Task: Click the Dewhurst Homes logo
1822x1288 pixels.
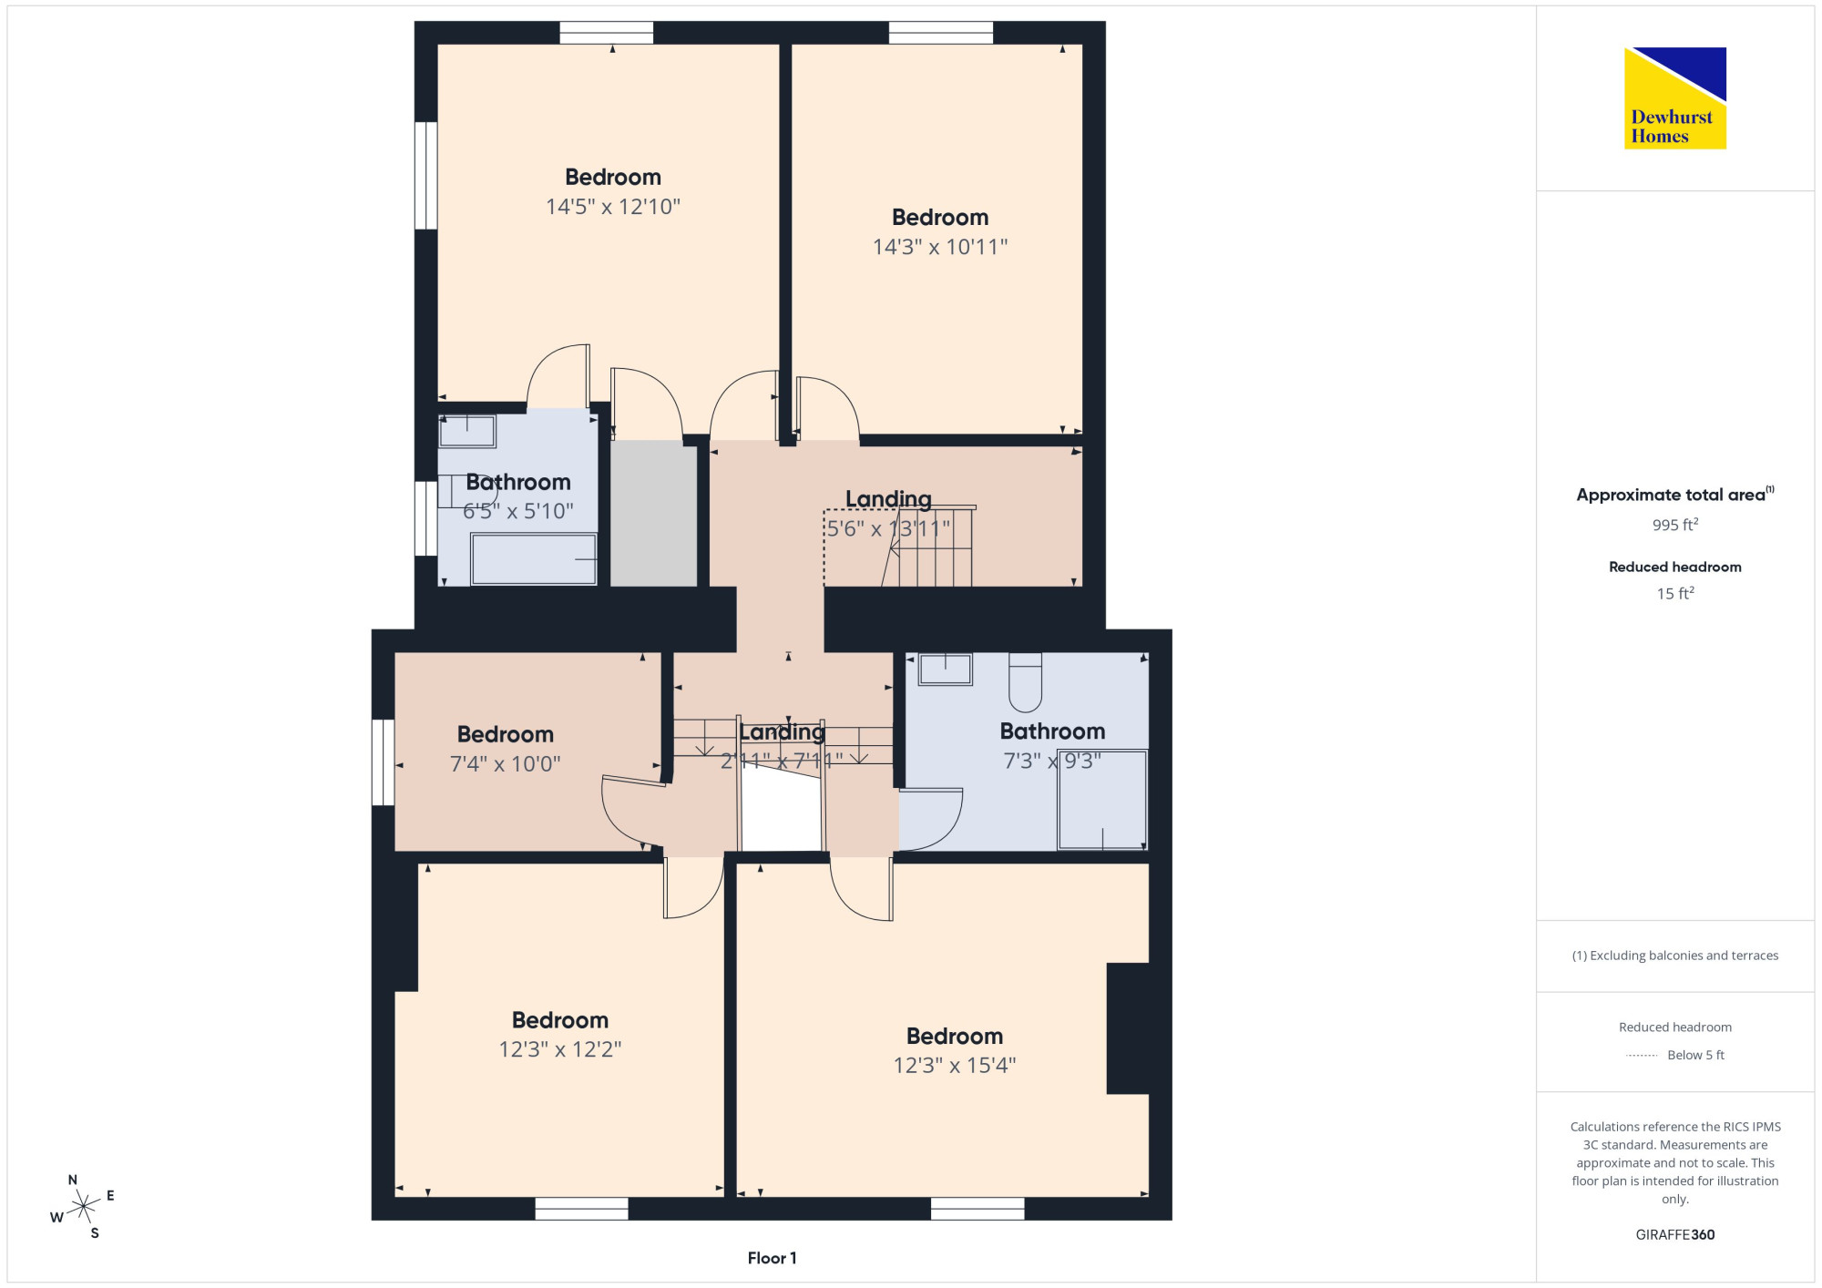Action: tap(1674, 97)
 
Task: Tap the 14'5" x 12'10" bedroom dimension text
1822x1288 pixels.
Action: tap(613, 207)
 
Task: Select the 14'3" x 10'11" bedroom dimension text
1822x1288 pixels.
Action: tap(940, 247)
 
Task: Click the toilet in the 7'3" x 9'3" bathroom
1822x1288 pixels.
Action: tap(1026, 682)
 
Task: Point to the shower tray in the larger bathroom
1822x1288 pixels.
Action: tap(1102, 800)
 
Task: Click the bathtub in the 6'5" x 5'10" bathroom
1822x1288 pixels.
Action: tap(534, 558)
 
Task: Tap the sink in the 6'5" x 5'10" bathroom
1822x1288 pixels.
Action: tap(467, 431)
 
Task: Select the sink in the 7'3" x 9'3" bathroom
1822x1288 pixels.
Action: tap(946, 669)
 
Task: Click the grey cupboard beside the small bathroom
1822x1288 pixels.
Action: tap(653, 514)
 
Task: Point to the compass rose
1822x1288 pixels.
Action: tap(83, 1206)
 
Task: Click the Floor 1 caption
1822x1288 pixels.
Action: tap(772, 1258)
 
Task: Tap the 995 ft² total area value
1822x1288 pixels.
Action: tap(1675, 525)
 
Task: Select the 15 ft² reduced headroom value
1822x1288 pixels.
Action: tap(1675, 593)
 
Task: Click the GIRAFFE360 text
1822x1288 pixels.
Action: tap(1675, 1234)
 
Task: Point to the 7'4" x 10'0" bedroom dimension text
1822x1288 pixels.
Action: tap(505, 763)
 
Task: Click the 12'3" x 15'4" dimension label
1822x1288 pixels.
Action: tap(955, 1065)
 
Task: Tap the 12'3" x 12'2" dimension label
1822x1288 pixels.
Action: tap(560, 1049)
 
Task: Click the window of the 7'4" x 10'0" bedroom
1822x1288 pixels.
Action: tap(384, 762)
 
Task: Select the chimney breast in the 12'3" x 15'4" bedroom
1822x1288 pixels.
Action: tap(1128, 1027)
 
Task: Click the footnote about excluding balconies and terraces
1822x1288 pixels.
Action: tap(1675, 956)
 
